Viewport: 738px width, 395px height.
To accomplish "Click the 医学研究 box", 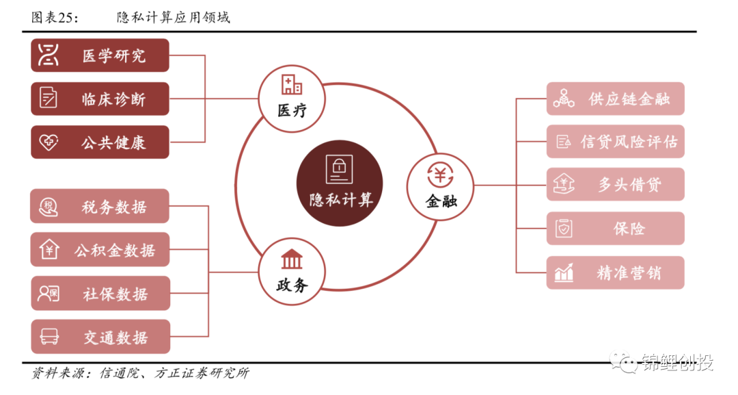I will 100,55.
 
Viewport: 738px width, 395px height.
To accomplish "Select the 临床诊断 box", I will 100,99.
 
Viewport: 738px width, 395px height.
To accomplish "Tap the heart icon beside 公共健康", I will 49,142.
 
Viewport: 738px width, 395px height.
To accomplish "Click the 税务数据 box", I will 100,206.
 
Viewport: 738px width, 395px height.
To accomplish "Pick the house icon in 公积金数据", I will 49,250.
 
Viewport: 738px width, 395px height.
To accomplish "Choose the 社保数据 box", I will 100,294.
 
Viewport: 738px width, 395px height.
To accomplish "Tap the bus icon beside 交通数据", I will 49,337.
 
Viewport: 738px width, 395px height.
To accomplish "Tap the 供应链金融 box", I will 615,99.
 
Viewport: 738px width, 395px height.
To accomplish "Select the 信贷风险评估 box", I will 615,142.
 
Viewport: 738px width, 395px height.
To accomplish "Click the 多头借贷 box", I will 615,185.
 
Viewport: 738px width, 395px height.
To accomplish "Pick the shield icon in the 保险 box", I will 564,229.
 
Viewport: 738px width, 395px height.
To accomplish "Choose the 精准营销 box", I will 615,272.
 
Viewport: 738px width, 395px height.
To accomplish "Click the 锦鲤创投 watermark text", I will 676,363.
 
